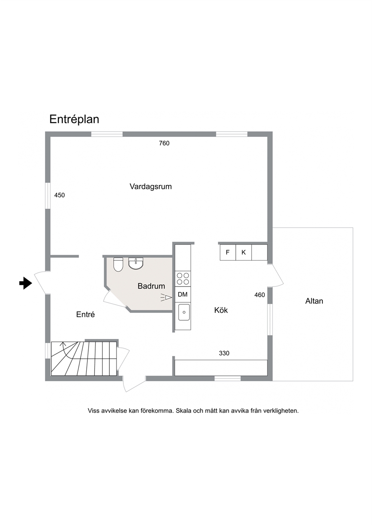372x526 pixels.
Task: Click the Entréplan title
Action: pyautogui.click(x=74, y=120)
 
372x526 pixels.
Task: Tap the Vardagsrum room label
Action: pyautogui.click(x=150, y=187)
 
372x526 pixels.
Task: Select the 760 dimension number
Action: pyautogui.click(x=164, y=143)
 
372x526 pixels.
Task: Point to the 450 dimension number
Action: pyautogui.click(x=59, y=195)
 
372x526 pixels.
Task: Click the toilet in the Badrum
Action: pyautogui.click(x=118, y=265)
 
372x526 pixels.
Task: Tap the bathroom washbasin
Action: pyautogui.click(x=136, y=263)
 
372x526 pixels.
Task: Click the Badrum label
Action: pyautogui.click(x=151, y=286)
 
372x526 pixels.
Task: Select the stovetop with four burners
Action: pyautogui.click(x=183, y=279)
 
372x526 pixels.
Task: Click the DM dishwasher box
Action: pyautogui.click(x=183, y=294)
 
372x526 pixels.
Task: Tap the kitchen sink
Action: pyautogui.click(x=184, y=312)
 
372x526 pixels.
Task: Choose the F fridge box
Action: pyautogui.click(x=228, y=252)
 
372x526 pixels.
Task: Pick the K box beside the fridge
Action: pyautogui.click(x=243, y=252)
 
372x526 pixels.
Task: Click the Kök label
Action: pyautogui.click(x=221, y=310)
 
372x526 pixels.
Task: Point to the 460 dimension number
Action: pyautogui.click(x=259, y=295)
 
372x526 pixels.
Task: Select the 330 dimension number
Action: pyautogui.click(x=224, y=353)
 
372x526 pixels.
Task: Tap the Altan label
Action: pyautogui.click(x=314, y=301)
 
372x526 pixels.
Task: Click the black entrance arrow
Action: pyautogui.click(x=25, y=283)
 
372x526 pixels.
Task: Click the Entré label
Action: pyautogui.click(x=85, y=315)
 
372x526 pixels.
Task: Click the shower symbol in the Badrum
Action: pyautogui.click(x=166, y=298)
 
